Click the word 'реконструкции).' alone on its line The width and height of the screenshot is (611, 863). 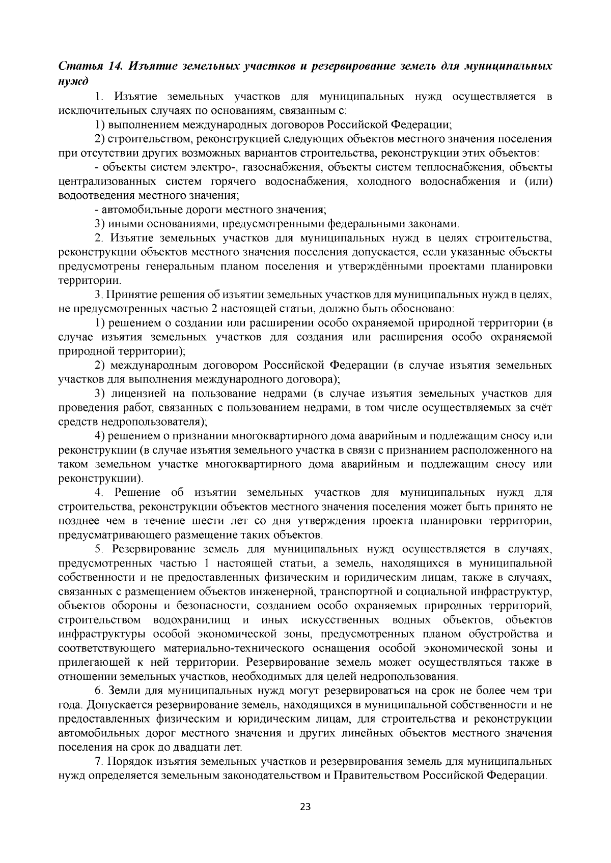(101, 479)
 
